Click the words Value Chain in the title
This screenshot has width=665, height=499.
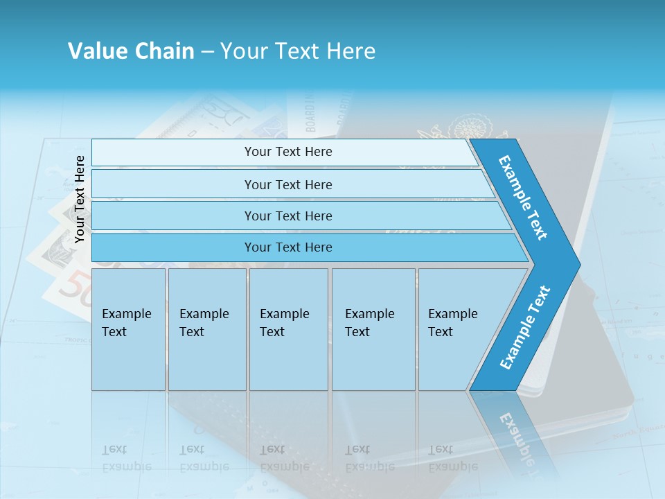[x=131, y=51]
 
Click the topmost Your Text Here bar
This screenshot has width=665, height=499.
[x=287, y=152]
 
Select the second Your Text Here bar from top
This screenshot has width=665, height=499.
[x=287, y=184]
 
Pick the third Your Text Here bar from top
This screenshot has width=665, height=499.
[x=287, y=216]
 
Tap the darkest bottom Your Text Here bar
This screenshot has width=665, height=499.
[x=287, y=247]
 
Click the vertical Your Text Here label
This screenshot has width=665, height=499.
[x=80, y=199]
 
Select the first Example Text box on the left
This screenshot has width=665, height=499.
[x=128, y=329]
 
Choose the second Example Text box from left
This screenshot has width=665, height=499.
[x=206, y=329]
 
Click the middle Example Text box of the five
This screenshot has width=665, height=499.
[x=288, y=329]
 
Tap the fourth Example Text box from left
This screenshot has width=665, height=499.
[x=373, y=329]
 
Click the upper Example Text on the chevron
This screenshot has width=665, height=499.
[x=523, y=198]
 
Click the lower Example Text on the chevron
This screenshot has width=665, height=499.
[x=525, y=327]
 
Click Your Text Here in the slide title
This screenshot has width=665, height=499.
[x=298, y=51]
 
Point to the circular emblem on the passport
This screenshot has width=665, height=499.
[x=471, y=129]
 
